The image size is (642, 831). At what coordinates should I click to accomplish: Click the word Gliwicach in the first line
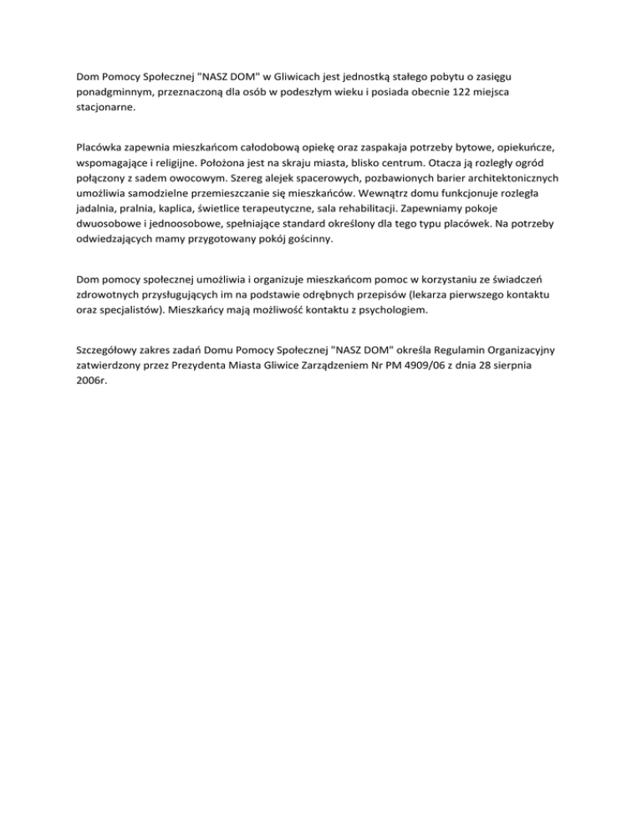(x=295, y=76)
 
